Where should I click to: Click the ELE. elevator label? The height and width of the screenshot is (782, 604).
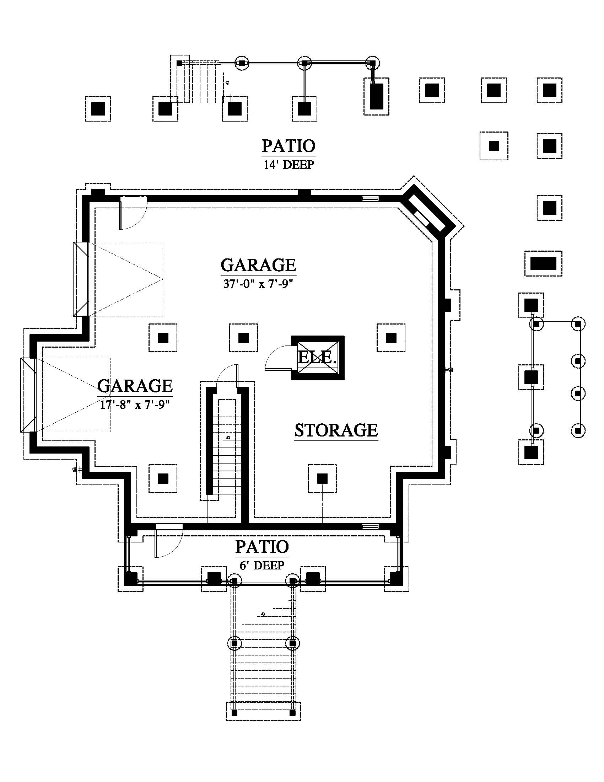coord(317,357)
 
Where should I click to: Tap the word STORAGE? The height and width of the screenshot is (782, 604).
coord(336,430)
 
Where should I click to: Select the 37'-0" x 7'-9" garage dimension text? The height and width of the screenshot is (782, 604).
coord(258,284)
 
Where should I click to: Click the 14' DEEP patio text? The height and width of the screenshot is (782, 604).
coord(289,164)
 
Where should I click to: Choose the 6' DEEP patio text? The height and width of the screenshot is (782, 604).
coord(262,566)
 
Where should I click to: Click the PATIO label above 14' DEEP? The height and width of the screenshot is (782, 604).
coord(288,146)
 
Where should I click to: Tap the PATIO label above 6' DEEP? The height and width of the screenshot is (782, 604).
coord(262,547)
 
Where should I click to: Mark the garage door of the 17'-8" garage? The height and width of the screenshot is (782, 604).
coord(28,395)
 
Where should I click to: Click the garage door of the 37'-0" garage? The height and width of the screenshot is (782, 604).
coord(81,279)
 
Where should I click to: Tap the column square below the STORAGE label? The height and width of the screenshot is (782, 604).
coord(322,478)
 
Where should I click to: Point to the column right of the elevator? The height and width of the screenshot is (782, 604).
coord(391,338)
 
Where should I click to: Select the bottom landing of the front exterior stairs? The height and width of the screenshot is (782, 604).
coord(263,711)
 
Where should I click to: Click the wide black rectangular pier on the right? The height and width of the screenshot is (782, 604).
coord(543,263)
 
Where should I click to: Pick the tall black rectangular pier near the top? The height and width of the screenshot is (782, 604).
coord(376,96)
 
